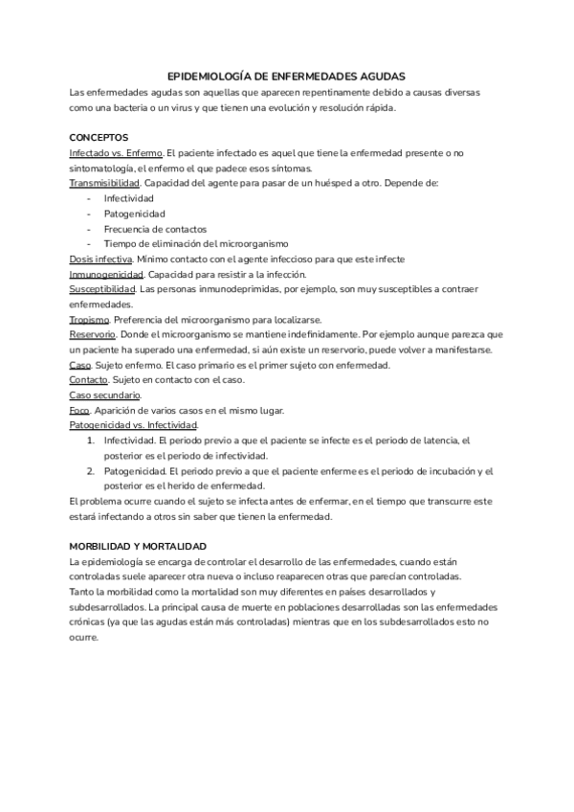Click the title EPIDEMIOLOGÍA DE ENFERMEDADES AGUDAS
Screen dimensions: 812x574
(286, 75)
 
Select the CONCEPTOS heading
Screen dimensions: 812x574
(99, 137)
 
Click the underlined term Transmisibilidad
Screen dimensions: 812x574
(105, 183)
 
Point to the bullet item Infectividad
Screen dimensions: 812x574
(129, 198)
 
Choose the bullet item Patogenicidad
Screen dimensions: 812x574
(135, 214)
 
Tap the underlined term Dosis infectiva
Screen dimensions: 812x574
(100, 259)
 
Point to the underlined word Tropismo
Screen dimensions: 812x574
(89, 319)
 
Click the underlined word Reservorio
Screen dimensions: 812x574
(93, 334)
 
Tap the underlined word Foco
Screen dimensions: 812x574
(79, 410)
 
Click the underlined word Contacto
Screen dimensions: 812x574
(89, 380)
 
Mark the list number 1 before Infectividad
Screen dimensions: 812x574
(91, 440)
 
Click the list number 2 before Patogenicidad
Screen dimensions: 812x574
(91, 471)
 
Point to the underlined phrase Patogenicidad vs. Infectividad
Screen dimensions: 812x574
(134, 425)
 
